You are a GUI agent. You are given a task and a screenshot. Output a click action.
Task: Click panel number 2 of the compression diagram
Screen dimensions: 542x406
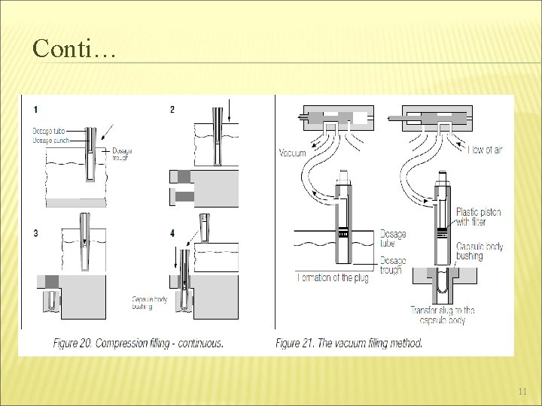[x=172, y=110]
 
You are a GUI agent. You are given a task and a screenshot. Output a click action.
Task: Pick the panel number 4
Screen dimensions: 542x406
[x=172, y=234]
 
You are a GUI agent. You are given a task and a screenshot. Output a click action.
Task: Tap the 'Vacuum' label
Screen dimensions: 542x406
[x=292, y=153]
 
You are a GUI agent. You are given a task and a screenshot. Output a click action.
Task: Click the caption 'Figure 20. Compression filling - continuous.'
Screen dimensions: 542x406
[x=138, y=344]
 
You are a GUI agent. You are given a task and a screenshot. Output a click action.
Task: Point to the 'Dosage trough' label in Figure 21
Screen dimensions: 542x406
[x=392, y=265]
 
